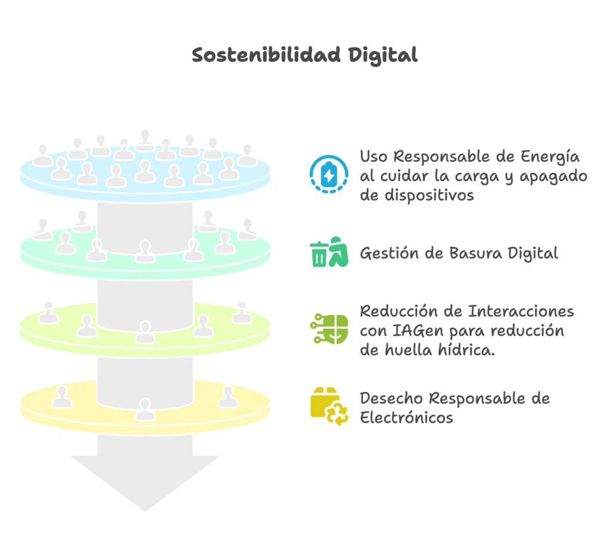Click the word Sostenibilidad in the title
266,55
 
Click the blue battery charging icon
329,174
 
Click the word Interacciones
521,311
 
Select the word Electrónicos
406,417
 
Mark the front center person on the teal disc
145,252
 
